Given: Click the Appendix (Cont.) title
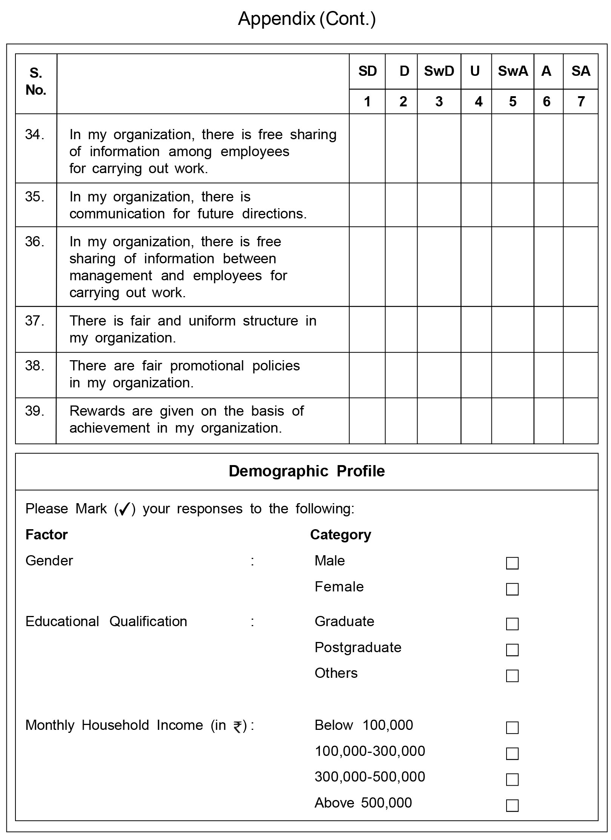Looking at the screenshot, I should pos(307,19).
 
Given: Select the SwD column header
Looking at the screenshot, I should pos(439,71).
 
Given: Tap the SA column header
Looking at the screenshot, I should pos(580,71).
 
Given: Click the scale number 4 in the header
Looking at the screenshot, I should pos(478,101).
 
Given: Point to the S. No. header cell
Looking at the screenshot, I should pos(36,81).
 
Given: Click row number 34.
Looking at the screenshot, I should pos(35,135).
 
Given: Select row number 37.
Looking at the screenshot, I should pos(35,321).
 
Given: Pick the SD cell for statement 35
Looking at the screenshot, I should pos(367,205).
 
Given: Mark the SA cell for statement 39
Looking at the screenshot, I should pos(580,421).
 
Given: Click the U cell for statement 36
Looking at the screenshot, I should pos(476,266).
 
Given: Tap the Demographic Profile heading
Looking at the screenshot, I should pos(307,471).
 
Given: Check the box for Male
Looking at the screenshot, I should pos(512,563).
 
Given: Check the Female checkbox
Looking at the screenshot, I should pos(512,589).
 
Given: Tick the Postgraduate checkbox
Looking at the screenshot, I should pos(512,650).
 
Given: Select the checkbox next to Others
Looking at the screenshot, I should pos(512,676).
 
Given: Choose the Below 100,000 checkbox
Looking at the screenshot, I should pos(512,728).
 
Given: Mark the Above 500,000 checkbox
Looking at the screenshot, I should pos(512,805).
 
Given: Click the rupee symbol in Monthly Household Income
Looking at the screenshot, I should pos(238,726).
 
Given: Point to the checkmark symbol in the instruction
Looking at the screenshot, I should pos(124,509).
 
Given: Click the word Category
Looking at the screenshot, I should pos(340,535).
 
